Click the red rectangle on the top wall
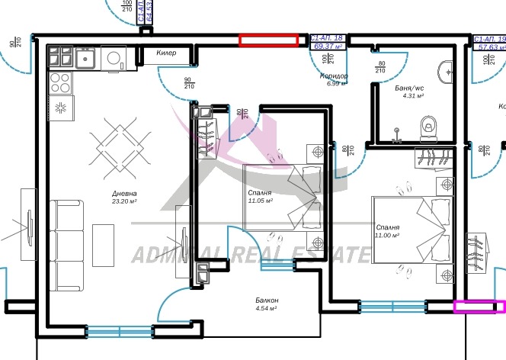(x=268, y=40)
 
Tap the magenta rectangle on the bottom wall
(x=479, y=307)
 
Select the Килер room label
(x=166, y=53)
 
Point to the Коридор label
(x=335, y=76)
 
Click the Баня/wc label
(x=409, y=88)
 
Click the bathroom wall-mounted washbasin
(x=447, y=73)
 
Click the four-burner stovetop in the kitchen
(x=59, y=81)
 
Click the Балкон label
(x=267, y=301)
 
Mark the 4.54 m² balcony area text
(x=267, y=309)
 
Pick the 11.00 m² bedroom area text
(x=388, y=236)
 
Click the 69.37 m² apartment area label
(x=328, y=46)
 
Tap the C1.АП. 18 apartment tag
(x=328, y=37)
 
